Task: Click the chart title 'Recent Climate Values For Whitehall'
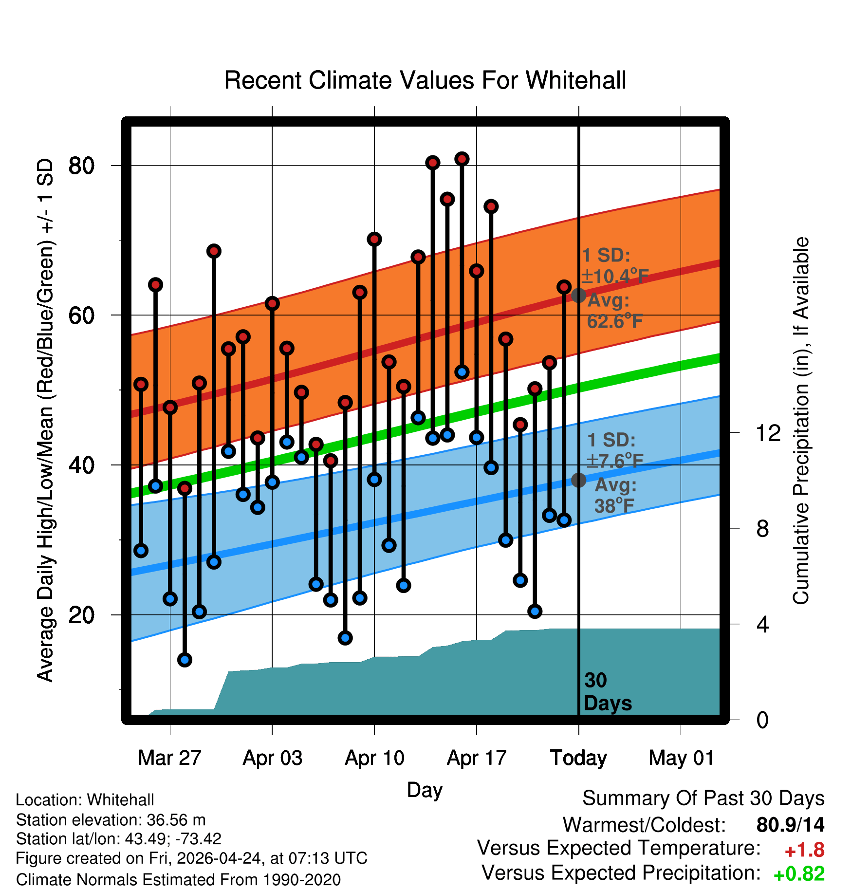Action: (x=425, y=80)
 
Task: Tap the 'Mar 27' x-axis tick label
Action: (x=169, y=758)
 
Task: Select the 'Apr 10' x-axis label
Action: (x=374, y=758)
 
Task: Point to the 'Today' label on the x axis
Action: (x=578, y=759)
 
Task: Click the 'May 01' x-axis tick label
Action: (x=681, y=758)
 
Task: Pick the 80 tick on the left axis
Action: (x=81, y=166)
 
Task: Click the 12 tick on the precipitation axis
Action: (x=768, y=433)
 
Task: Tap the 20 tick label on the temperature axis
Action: (x=81, y=615)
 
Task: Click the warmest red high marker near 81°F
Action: (x=462, y=159)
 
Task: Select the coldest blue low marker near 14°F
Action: (x=185, y=660)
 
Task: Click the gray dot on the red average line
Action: (x=578, y=295)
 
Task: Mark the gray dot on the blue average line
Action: (x=578, y=480)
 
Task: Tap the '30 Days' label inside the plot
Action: (x=608, y=692)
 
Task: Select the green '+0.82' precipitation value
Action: (x=799, y=874)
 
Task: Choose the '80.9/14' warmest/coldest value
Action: (x=791, y=825)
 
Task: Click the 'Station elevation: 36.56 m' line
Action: (x=111, y=820)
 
